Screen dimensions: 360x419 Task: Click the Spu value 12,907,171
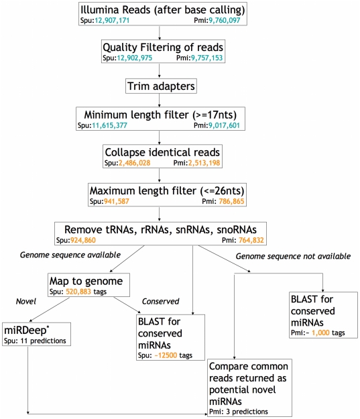coord(112,20)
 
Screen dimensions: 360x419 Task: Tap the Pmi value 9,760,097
coord(224,20)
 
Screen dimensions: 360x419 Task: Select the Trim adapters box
coord(161,86)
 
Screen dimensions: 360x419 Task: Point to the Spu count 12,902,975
coord(135,58)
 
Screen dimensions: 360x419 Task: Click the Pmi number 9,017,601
coord(224,125)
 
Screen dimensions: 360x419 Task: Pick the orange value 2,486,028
coord(135,163)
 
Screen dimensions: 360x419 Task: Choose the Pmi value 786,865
coord(231,201)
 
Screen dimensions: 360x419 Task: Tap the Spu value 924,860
coord(83,240)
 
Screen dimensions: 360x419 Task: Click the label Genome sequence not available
coord(293,257)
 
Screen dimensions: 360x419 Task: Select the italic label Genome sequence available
coord(70,255)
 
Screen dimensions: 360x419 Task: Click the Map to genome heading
coord(86,281)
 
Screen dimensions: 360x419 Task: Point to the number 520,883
coord(78,292)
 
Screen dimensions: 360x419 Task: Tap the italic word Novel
coord(26,302)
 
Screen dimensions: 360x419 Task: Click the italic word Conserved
coord(160,302)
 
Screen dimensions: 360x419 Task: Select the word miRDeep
coord(25,331)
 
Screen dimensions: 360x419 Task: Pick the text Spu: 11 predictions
coord(35,341)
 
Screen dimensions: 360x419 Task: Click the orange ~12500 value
coord(166,355)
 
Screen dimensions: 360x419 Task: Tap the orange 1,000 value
coord(320,333)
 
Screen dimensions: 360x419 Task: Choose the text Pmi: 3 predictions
coord(239,412)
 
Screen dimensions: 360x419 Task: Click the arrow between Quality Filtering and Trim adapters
coord(160,70)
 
